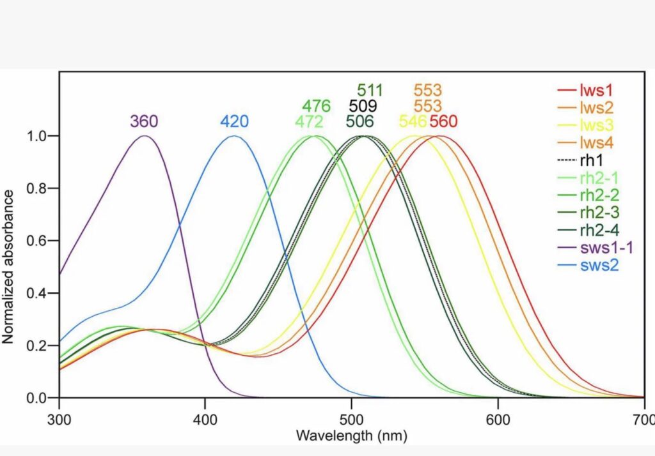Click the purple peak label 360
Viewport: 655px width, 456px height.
144,121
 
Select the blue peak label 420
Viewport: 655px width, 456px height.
234,121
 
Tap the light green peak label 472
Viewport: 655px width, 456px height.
309,121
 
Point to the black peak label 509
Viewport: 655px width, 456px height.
363,106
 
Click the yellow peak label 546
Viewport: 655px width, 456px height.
413,121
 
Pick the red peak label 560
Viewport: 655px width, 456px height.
444,121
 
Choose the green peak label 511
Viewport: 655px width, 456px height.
371,90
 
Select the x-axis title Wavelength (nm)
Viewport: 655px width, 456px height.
351,436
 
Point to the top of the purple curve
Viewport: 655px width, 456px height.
145,135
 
